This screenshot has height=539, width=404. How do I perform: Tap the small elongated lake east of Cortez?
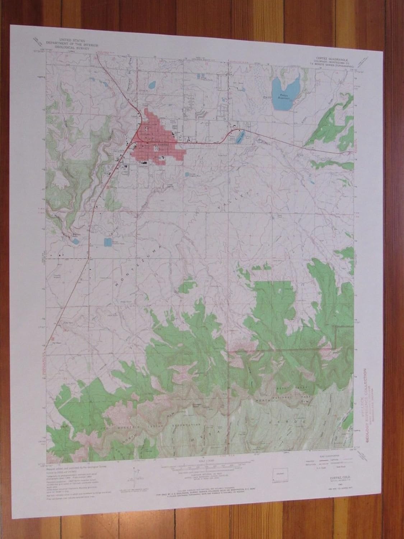click(x=239, y=136)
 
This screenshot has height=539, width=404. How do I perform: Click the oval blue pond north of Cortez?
click(x=151, y=85)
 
